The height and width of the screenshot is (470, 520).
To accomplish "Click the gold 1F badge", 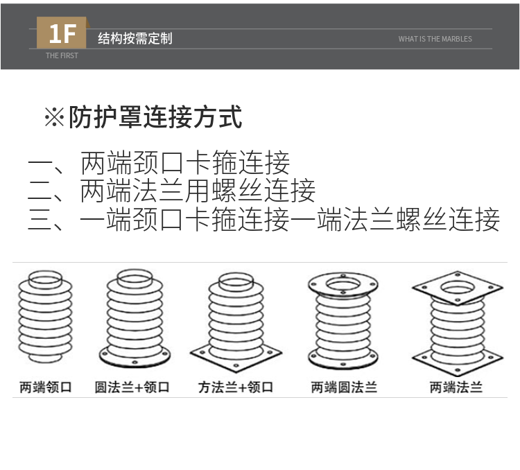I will coord(62,33).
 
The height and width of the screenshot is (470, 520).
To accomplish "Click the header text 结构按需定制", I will coord(135,39).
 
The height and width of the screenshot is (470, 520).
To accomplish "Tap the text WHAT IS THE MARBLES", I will coord(435,39).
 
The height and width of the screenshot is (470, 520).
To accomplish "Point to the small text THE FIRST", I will coord(62,55).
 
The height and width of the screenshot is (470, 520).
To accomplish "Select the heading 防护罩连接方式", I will coord(155,117).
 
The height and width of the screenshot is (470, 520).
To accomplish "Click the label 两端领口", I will coord(46,387).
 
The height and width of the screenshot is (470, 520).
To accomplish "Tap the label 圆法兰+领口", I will coord(132,387).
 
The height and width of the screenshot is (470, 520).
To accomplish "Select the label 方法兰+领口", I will coord(236,387).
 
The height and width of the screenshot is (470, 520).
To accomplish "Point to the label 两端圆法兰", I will coord(344,387).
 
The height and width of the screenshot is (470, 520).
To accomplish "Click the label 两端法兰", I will coord(456,387).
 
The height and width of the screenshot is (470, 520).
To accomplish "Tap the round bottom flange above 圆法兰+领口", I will coord(135,358).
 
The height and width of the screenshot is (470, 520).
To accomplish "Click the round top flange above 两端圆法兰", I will coord(343,283).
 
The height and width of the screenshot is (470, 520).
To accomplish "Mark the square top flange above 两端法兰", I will coord(457,286).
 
